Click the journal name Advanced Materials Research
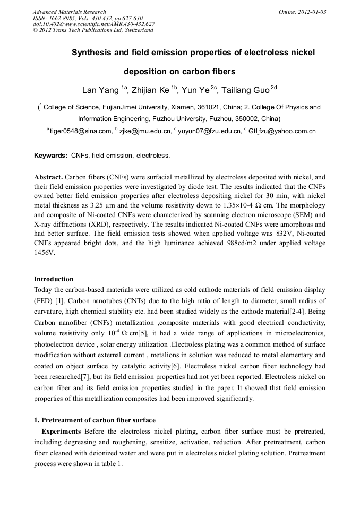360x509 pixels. [69, 12]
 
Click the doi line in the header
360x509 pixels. [93, 24]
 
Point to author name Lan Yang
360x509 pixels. [100, 90]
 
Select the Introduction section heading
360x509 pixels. [54, 279]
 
